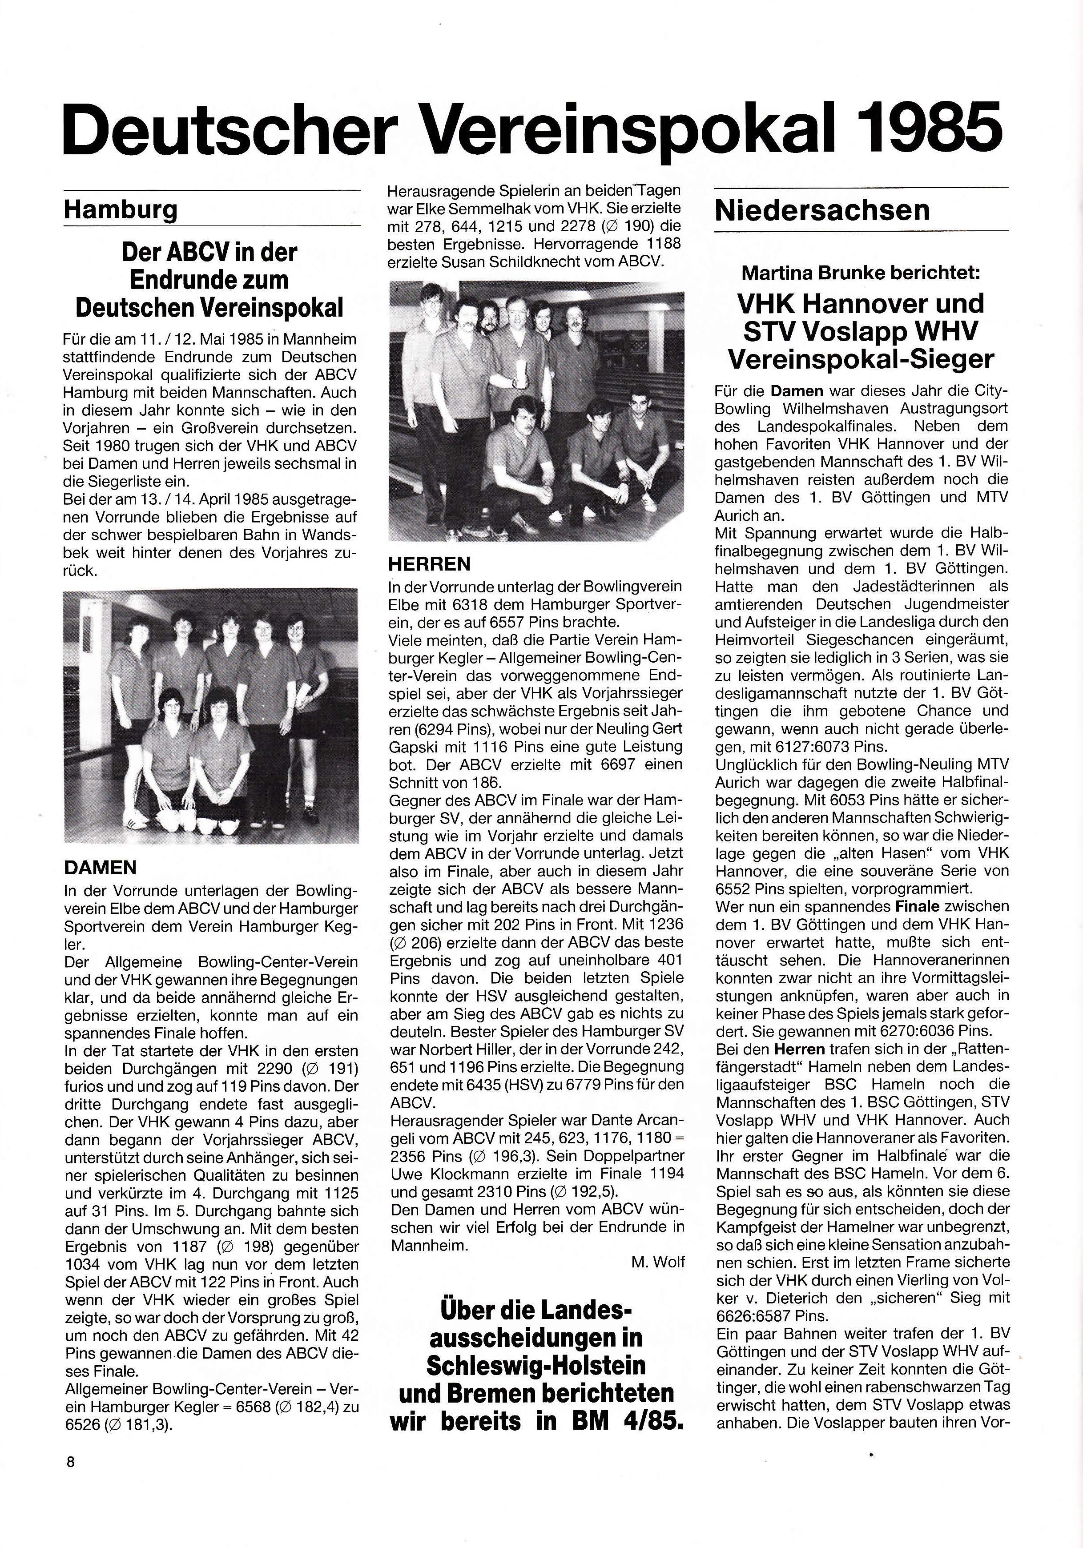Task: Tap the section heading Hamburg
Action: click(x=120, y=210)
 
